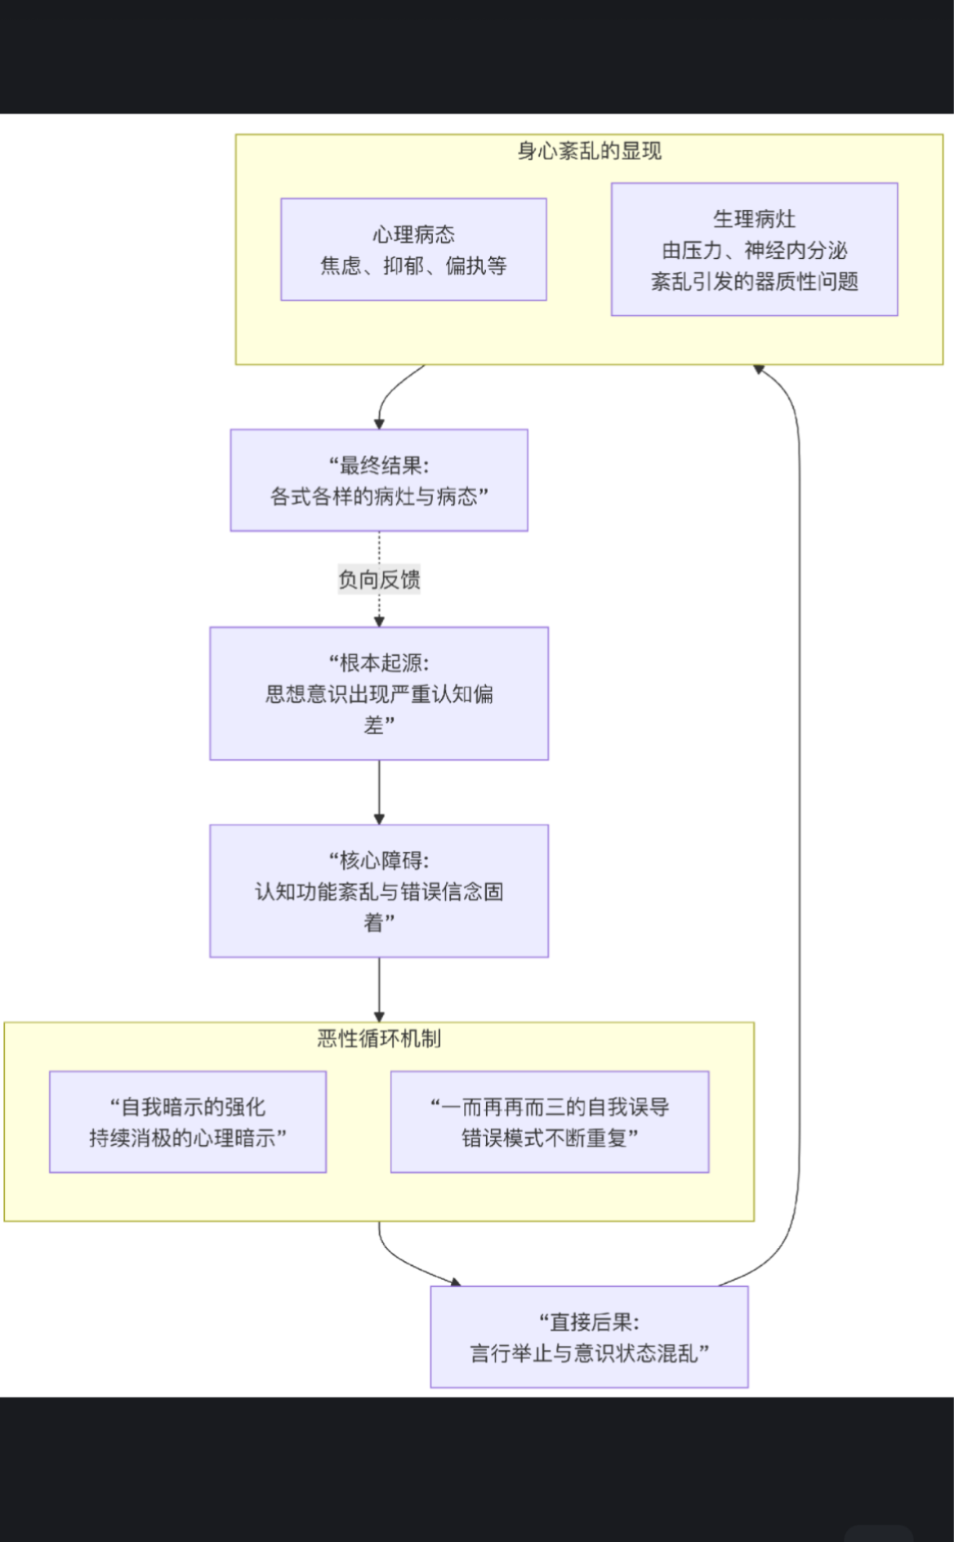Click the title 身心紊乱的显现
tap(589, 151)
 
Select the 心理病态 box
tap(413, 249)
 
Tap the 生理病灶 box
tap(754, 249)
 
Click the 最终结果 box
tap(379, 480)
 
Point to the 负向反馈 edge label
tap(379, 580)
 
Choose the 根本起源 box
tap(379, 693)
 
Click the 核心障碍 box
tap(379, 891)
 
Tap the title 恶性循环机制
tap(379, 1039)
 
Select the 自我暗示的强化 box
tap(188, 1122)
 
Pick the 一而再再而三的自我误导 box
tap(550, 1122)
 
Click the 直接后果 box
tap(589, 1337)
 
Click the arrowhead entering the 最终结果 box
tap(379, 424)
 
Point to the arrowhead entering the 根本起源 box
tap(379, 622)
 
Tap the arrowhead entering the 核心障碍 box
tap(379, 819)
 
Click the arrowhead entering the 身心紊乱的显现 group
tap(759, 370)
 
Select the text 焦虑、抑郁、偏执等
tap(413, 265)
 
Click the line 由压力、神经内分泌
tap(754, 250)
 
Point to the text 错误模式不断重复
tap(550, 1138)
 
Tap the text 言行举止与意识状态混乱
tap(589, 1353)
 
